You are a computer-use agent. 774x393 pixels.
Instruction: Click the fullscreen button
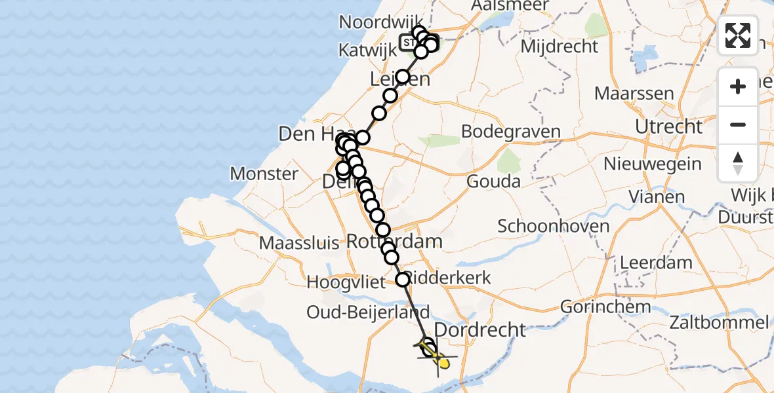coord(738,35)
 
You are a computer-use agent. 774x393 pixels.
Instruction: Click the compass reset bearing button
coord(738,163)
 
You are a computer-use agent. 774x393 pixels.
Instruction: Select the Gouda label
coord(493,181)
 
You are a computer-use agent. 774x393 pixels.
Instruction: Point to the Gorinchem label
coord(606,306)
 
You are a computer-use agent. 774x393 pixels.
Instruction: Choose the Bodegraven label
coord(511,131)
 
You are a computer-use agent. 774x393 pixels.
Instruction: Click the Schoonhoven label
coord(554,227)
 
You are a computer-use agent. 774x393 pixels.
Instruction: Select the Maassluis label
coord(299,244)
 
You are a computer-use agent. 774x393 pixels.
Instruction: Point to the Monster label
coord(264,174)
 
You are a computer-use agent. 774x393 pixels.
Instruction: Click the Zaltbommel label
coord(719,322)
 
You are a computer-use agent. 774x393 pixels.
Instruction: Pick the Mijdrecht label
coord(560,47)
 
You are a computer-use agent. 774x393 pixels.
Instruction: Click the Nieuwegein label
coord(653,164)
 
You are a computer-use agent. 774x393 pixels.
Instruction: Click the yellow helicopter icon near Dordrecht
coord(442,360)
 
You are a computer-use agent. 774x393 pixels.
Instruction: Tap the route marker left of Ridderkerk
coord(403,280)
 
